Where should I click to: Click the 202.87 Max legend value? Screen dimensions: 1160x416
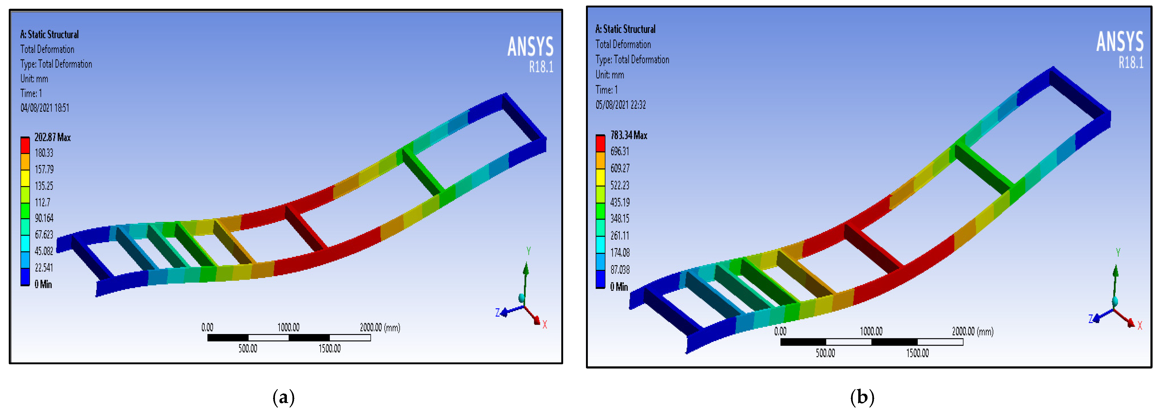click(x=53, y=137)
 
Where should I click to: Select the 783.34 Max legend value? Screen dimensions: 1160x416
click(x=629, y=135)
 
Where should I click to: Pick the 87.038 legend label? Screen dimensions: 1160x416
click(x=620, y=270)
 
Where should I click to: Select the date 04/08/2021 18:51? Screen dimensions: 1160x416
click(x=45, y=108)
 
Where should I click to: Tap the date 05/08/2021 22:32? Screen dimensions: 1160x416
click(x=620, y=105)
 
